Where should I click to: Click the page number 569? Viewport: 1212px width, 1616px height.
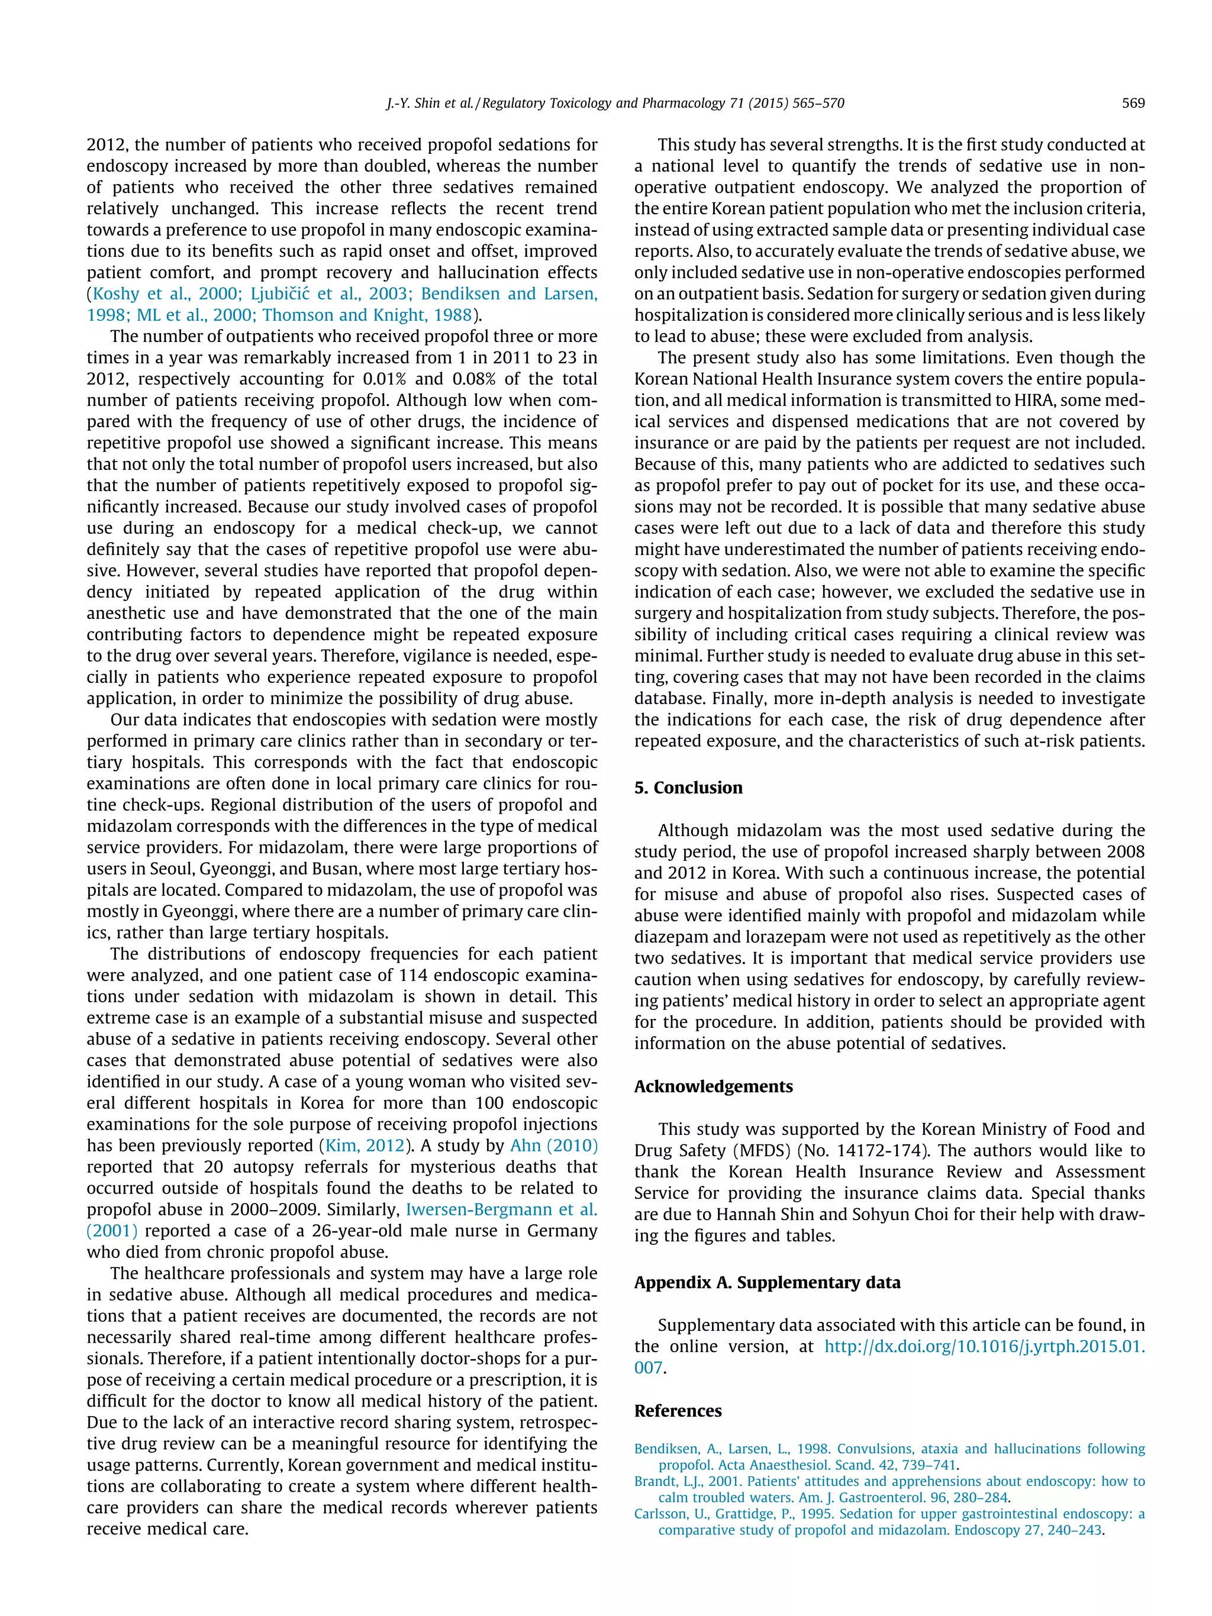(1132, 103)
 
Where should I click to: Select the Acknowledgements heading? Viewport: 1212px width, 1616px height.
(713, 1086)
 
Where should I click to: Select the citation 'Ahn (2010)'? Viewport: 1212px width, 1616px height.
(553, 1146)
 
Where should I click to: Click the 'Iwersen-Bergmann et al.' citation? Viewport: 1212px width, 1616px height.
(501, 1209)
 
